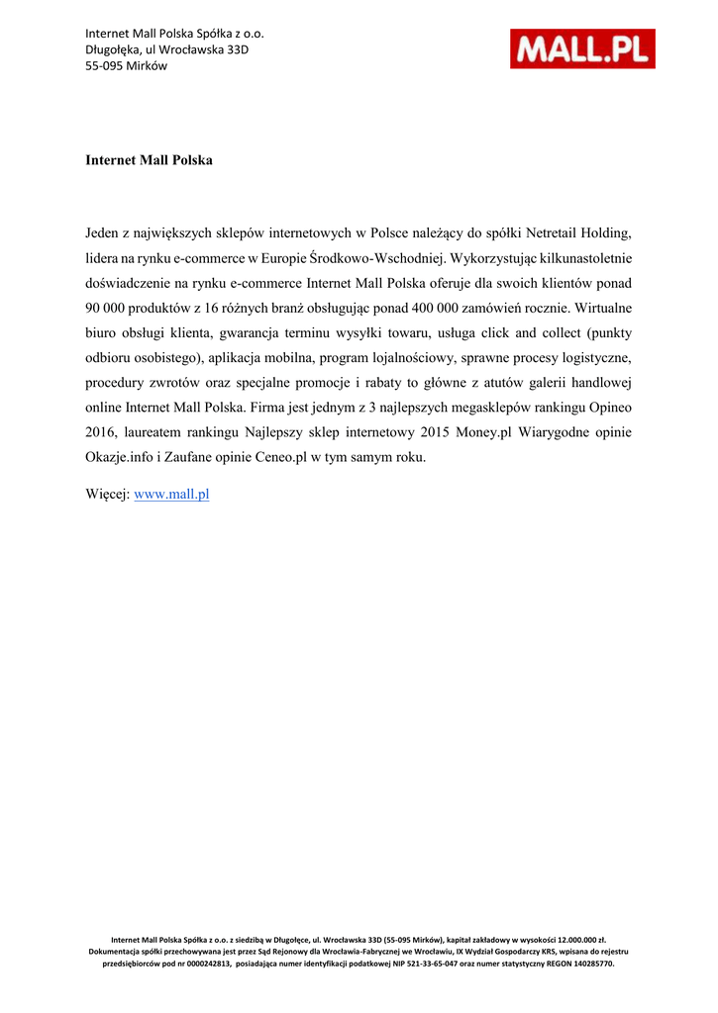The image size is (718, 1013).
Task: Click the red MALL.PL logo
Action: (582, 48)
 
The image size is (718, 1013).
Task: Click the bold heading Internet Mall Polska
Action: (149, 159)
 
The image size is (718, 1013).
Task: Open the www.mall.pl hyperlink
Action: (171, 494)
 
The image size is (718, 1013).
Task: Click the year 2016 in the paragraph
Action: (101, 432)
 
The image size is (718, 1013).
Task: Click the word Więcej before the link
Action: (107, 494)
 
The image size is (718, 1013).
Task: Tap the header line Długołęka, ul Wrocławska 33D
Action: (166, 49)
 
